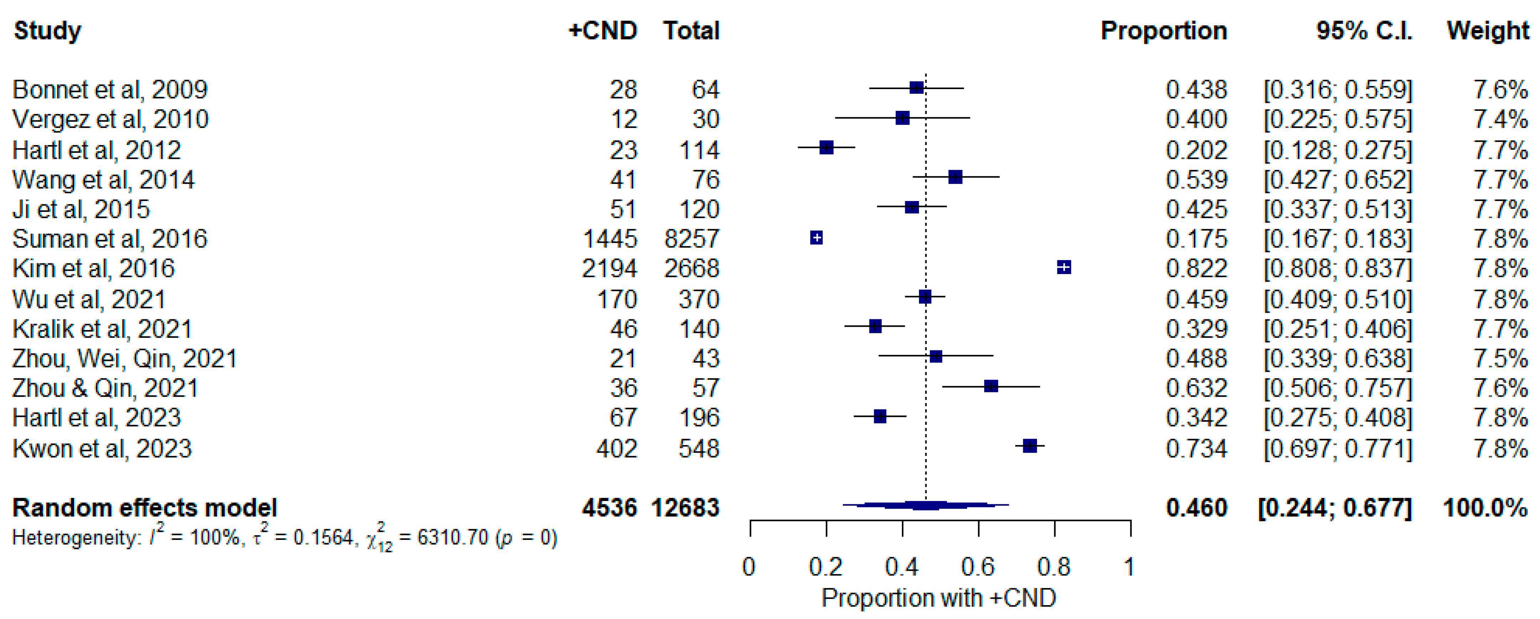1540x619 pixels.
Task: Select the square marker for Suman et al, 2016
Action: [x=817, y=238]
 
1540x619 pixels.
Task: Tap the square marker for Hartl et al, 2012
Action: [x=827, y=148]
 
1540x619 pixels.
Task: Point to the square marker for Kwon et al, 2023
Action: [x=1030, y=446]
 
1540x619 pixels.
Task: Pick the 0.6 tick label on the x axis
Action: [x=978, y=566]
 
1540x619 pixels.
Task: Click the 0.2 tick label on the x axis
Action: [x=826, y=566]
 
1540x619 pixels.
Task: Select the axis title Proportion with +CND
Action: [x=939, y=598]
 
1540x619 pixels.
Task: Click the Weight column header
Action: [x=1487, y=31]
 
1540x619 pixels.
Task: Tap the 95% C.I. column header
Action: [x=1364, y=31]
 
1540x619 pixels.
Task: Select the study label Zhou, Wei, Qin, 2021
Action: [x=124, y=358]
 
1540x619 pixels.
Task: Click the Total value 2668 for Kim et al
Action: [x=692, y=268]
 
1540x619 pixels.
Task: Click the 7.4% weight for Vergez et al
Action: [x=1500, y=119]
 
